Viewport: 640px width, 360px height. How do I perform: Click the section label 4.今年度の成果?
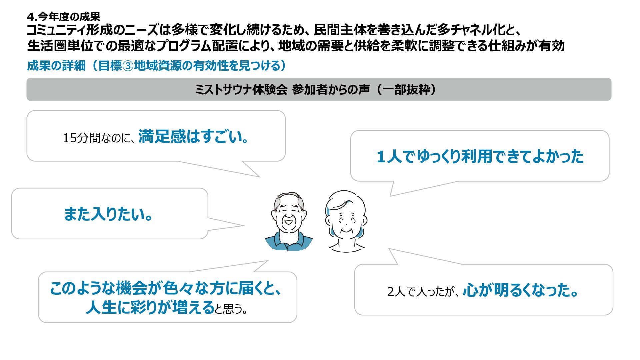[63, 16]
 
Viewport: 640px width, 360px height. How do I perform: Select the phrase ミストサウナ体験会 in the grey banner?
[241, 90]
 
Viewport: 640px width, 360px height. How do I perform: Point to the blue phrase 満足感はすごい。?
[194, 136]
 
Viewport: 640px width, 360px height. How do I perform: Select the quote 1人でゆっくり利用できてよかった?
[480, 156]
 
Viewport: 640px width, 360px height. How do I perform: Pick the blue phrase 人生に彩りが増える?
[150, 307]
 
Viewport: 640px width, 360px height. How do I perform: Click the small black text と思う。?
[231, 309]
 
